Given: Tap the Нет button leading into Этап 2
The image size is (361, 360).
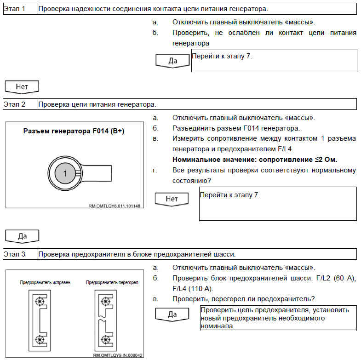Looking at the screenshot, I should [x=22, y=86].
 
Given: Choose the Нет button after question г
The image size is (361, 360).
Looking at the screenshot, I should [x=172, y=199].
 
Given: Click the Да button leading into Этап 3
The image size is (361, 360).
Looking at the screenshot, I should [x=22, y=236].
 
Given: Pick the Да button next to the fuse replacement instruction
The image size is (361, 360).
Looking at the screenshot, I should [x=172, y=315].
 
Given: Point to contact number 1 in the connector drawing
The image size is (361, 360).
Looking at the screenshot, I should [x=65, y=173].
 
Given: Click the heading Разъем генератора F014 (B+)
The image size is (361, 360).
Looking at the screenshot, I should [x=74, y=131].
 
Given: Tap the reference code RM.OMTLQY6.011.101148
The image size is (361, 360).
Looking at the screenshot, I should [x=114, y=206].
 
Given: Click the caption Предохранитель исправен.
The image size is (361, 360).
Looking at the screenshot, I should [x=45, y=282].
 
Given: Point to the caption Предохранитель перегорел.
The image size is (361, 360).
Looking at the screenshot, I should [x=113, y=282].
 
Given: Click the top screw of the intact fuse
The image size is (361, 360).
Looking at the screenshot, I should [x=40, y=302].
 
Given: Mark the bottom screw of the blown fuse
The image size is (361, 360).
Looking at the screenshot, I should [x=107, y=340].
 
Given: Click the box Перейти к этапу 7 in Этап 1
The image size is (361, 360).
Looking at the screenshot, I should [x=274, y=60].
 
